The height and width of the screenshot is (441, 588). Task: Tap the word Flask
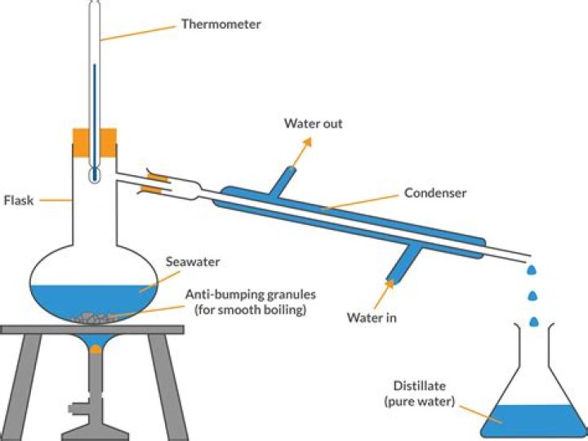pos(18,200)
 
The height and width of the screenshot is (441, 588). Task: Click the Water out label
pos(313,124)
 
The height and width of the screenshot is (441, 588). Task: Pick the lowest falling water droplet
pos(533,322)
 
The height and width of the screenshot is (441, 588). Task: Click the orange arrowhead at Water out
pos(309,142)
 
